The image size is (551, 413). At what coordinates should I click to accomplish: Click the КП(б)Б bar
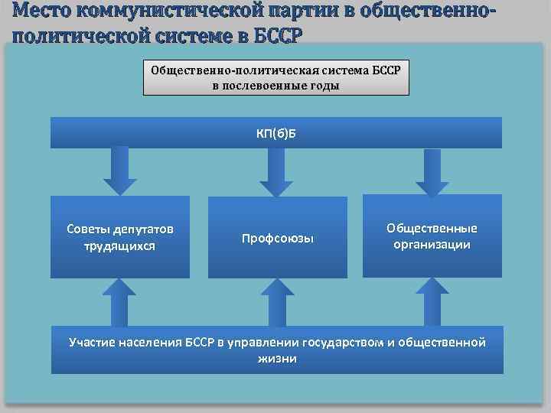[x=275, y=132]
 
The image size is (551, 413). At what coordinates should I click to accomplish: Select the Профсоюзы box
[x=278, y=238]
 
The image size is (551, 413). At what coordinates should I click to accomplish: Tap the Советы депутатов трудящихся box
[x=120, y=237]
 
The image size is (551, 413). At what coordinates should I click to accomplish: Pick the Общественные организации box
[x=432, y=236]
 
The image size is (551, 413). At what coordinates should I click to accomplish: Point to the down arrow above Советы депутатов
[x=120, y=173]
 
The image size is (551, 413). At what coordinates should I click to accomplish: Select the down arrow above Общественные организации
[x=432, y=171]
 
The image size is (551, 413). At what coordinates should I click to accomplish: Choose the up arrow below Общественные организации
[x=432, y=301]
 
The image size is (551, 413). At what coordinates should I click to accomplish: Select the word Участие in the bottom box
[x=94, y=342]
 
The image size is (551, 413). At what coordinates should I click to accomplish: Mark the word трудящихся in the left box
[x=120, y=246]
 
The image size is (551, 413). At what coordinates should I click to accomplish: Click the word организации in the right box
[x=432, y=245]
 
